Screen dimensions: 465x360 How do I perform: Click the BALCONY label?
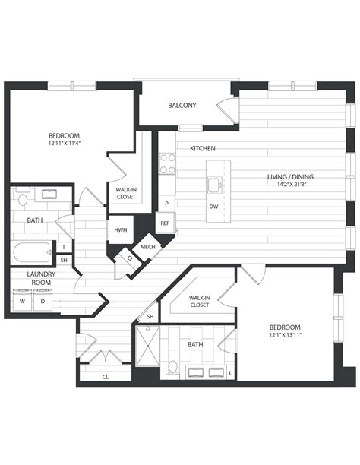point(182,105)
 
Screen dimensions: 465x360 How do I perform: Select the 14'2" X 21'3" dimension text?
point(290,185)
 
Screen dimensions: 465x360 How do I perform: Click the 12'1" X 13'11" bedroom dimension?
point(285,335)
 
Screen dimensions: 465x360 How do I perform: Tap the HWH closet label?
point(120,230)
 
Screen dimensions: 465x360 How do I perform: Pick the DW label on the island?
point(215,206)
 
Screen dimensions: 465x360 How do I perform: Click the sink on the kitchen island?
point(215,184)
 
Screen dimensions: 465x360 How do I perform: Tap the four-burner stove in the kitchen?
point(167,163)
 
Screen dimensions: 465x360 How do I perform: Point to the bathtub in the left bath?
point(31,250)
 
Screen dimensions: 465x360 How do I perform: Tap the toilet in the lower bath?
point(173,367)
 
